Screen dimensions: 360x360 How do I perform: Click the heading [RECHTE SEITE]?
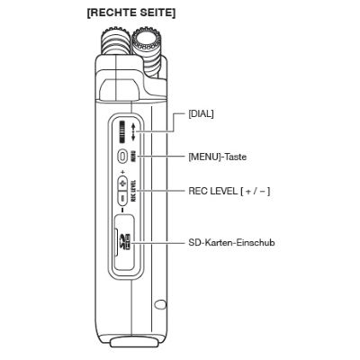point(131,13)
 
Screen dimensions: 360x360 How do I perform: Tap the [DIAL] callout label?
point(201,114)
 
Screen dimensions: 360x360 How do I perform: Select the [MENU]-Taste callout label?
point(218,157)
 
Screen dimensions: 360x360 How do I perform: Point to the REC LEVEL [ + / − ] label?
point(229,191)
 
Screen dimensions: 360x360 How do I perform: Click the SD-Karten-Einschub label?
point(231,242)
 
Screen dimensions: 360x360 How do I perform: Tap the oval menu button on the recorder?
point(122,157)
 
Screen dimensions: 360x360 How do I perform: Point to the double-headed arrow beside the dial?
point(133,132)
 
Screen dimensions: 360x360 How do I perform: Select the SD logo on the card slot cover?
point(127,242)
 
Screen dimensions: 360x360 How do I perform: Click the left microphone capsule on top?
point(115,42)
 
